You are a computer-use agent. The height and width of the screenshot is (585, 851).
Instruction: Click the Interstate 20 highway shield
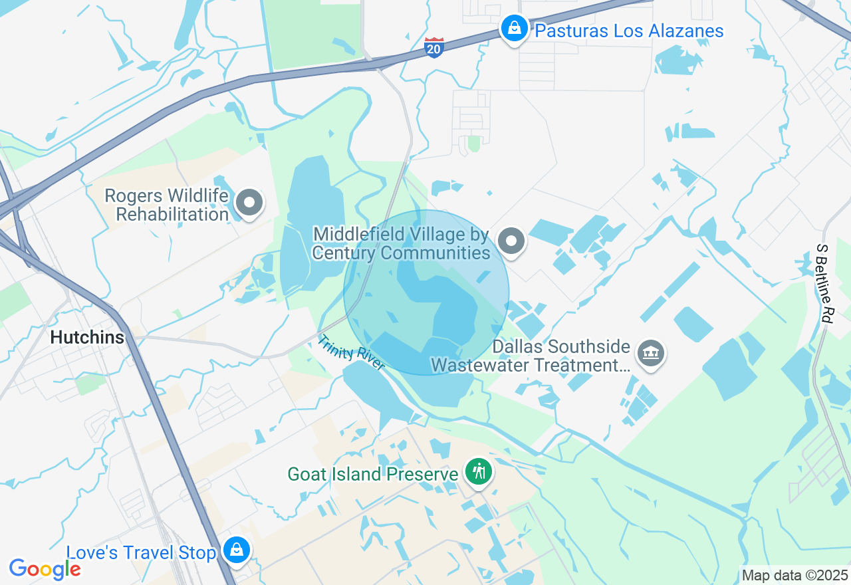pos(433,47)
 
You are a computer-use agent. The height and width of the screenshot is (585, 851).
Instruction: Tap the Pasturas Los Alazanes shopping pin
pos(514,29)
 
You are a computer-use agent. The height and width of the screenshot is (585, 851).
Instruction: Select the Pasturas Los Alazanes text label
pos(629,31)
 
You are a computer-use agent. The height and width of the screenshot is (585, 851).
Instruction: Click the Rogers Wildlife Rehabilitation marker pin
pos(250,203)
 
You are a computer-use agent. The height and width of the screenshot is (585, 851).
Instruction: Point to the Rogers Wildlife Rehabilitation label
pos(168,205)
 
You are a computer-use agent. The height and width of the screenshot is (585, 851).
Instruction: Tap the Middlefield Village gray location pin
pos(511,241)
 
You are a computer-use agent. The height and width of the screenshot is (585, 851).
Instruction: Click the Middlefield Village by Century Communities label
pos(402,244)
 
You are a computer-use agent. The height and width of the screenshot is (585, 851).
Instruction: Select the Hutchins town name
pos(88,338)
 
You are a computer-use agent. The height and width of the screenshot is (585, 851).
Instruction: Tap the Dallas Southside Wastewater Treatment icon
pos(650,352)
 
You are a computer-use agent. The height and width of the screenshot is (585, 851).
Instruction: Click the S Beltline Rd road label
pos(825,283)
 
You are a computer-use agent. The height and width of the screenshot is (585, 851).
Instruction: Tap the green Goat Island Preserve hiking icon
pos(478,472)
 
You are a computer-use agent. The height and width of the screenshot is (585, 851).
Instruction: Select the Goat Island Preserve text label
pos(372,474)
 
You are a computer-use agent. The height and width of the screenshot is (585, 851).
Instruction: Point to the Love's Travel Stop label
pos(141,553)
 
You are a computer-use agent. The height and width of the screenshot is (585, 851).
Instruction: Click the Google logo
pos(45,569)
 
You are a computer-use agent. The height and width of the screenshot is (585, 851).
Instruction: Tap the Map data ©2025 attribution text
pos(794,576)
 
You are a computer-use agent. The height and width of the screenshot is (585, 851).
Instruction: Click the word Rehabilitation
pos(173,215)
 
